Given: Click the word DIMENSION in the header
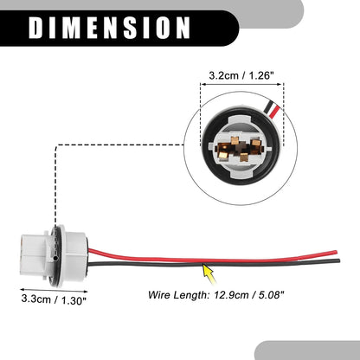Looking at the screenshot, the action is (x=109, y=28).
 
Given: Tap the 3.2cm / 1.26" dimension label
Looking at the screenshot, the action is (x=241, y=75).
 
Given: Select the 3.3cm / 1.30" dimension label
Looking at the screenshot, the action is (x=54, y=299).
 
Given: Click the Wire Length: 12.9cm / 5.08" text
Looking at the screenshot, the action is (x=216, y=295).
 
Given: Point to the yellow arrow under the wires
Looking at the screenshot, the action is (x=209, y=273).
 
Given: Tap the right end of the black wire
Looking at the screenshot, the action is (x=339, y=261).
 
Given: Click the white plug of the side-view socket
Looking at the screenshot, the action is (x=32, y=254).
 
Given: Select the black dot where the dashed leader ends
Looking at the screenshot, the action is (x=55, y=257).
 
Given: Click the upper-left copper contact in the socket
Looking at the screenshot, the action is (x=235, y=141).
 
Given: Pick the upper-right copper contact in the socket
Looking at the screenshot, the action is (x=255, y=142).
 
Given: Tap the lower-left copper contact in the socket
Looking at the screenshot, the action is (x=223, y=156).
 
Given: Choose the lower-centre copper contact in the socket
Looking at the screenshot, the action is (x=244, y=157).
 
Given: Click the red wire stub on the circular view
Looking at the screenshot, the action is (x=275, y=112).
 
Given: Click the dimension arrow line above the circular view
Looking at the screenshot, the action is (x=241, y=84).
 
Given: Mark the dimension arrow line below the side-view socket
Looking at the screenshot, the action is (x=54, y=290).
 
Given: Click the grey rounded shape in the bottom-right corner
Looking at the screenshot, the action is (x=308, y=350).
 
